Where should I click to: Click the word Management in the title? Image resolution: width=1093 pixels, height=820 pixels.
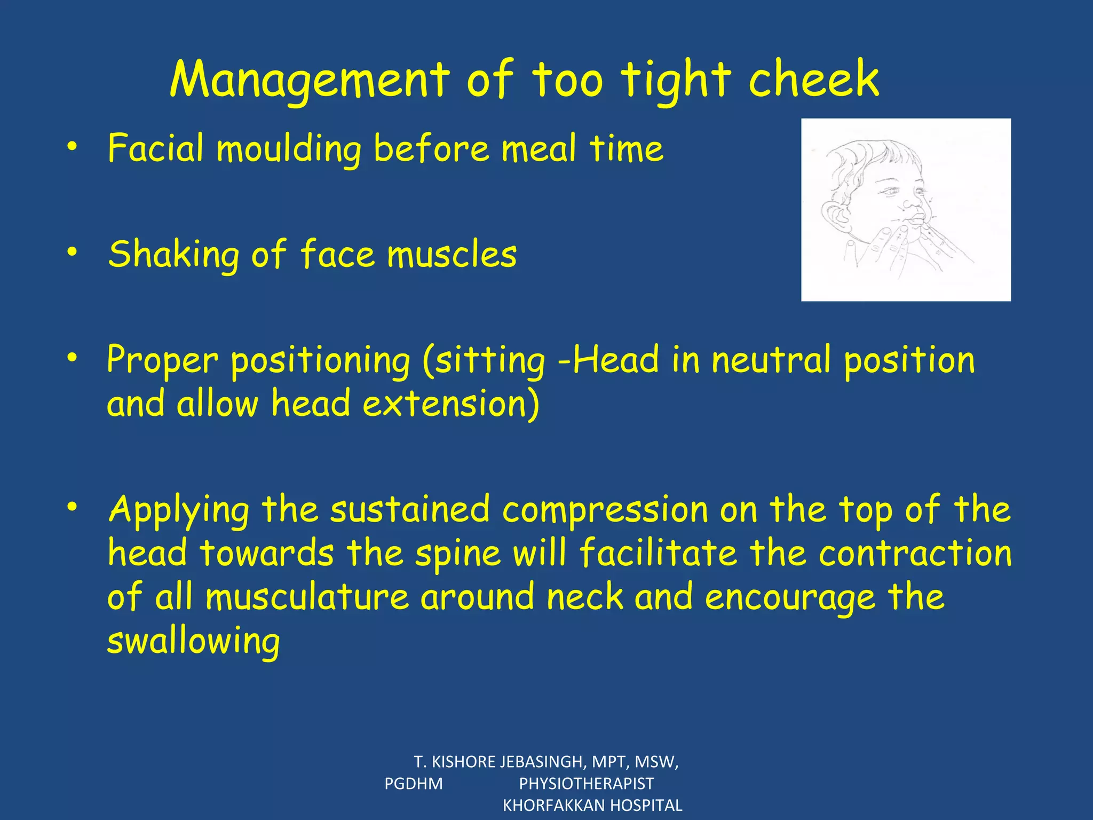coord(310,80)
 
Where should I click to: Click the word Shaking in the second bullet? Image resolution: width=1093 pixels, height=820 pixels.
coord(173,254)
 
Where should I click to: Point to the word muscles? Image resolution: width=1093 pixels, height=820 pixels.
coord(452,254)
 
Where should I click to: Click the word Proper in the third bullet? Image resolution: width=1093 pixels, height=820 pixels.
coord(162,360)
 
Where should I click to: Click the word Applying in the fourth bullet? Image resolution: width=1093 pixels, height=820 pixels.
coord(178,510)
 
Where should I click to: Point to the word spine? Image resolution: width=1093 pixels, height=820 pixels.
coord(458,553)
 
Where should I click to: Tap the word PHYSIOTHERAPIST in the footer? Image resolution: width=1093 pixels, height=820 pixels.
coord(586,784)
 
